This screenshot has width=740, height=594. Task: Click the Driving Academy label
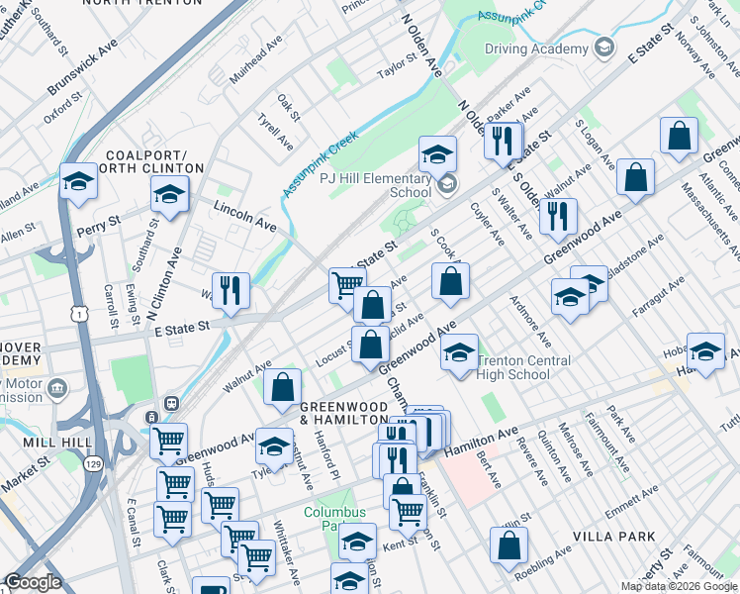pyautogui.click(x=536, y=49)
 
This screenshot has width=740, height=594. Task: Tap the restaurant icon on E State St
pyautogui.click(x=231, y=290)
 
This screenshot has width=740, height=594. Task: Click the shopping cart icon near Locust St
pyautogui.click(x=346, y=284)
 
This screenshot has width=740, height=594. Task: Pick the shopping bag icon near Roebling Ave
pyautogui.click(x=509, y=544)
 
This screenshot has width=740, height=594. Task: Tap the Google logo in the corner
pyautogui.click(x=33, y=582)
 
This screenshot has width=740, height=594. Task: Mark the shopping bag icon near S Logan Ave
pyautogui.click(x=679, y=136)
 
